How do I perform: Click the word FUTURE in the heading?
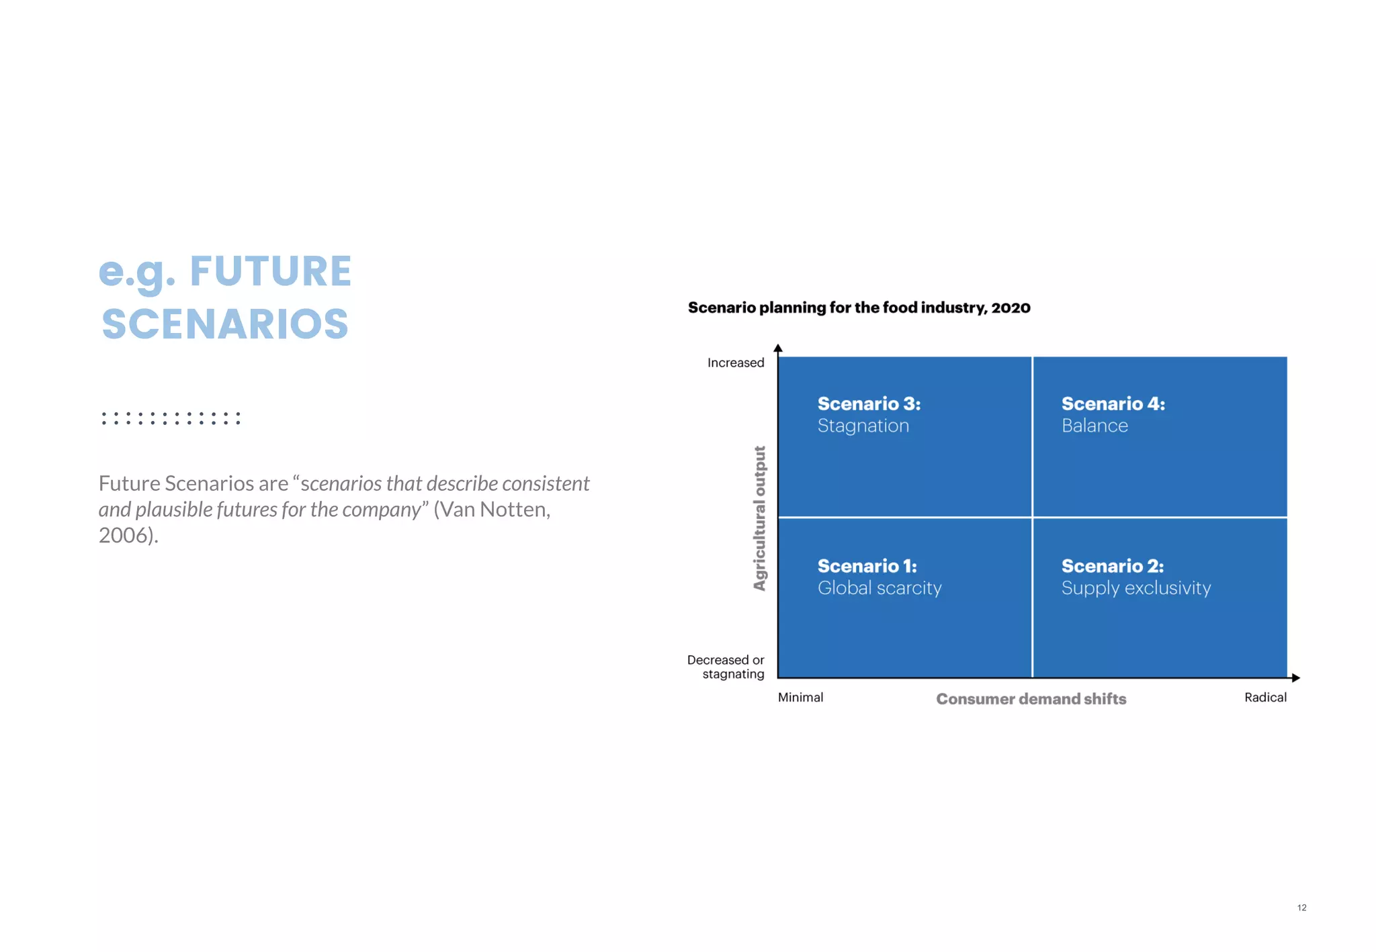click(270, 272)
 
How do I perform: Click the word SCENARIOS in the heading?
click(225, 324)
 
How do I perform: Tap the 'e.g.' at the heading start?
click(137, 272)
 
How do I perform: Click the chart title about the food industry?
click(859, 307)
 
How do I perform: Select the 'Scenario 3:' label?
click(869, 403)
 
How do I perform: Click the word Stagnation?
click(863, 426)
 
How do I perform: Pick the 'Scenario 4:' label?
click(1113, 403)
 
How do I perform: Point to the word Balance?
click(1094, 426)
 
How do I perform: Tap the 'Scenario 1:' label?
click(867, 566)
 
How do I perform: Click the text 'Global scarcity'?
click(879, 588)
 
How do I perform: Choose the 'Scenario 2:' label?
click(1112, 566)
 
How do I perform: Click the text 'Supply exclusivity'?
click(1135, 588)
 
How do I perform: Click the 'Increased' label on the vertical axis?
click(736, 363)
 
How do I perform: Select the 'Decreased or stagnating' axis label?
click(726, 667)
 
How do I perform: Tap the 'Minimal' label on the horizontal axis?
click(800, 697)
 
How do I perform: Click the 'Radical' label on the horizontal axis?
click(1265, 697)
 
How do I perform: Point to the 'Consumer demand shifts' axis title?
click(1031, 699)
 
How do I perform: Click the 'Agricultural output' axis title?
click(759, 518)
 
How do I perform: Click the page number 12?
click(1301, 908)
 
